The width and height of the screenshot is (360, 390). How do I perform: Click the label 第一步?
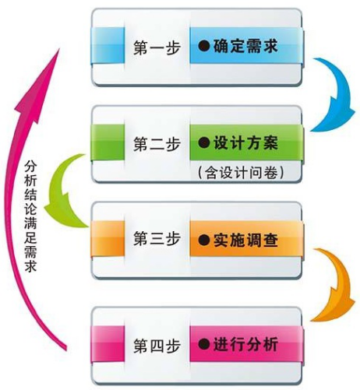pyautogui.click(x=157, y=47)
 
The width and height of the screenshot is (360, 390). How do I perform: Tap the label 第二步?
pyautogui.click(x=157, y=144)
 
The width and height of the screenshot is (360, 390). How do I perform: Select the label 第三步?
pyautogui.click(x=157, y=239)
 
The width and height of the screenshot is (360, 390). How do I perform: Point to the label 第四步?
pyautogui.click(x=157, y=345)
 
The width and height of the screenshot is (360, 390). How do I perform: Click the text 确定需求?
pyautogui.click(x=245, y=46)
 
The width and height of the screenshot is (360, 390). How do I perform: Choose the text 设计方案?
pyautogui.click(x=245, y=142)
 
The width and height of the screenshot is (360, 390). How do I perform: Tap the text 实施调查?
pyautogui.click(x=245, y=240)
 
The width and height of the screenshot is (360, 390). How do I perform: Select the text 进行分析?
pyautogui.click(x=245, y=344)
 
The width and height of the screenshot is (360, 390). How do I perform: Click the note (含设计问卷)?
pyautogui.click(x=241, y=173)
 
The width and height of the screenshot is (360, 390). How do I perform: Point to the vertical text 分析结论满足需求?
pyautogui.click(x=30, y=216)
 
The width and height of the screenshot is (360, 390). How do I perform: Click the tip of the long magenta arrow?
pyautogui.click(x=59, y=49)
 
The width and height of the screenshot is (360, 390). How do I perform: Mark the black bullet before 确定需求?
pyautogui.click(x=204, y=46)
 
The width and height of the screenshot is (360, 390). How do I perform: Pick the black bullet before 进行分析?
pyautogui.click(x=204, y=344)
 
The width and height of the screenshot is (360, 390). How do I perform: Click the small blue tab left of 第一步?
pyautogui.click(x=108, y=46)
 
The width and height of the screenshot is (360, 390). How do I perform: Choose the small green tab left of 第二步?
pyautogui.click(x=108, y=142)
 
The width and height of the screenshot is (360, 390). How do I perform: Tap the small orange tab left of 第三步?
pyautogui.click(x=108, y=239)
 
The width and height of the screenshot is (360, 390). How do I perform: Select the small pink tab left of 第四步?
pyautogui.click(x=108, y=344)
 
